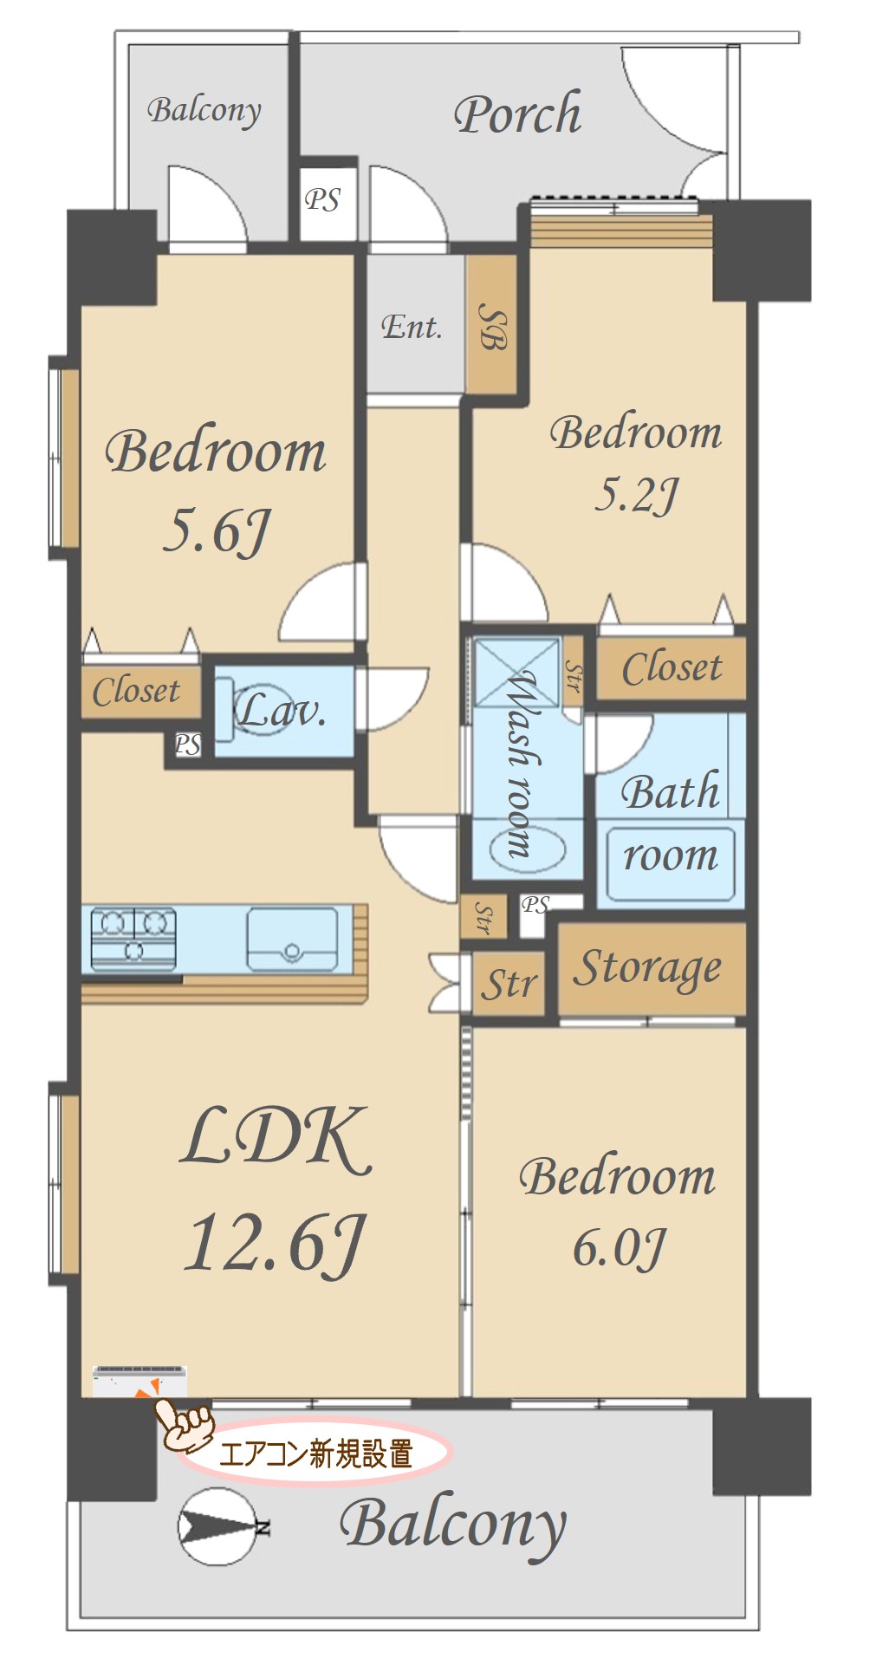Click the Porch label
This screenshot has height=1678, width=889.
click(x=517, y=114)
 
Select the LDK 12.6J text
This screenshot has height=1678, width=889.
click(x=276, y=1191)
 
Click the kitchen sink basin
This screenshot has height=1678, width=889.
click(x=292, y=939)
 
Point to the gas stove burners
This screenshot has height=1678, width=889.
click(x=133, y=938)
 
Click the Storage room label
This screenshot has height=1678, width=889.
click(x=647, y=969)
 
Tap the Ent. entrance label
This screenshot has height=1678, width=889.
click(x=412, y=327)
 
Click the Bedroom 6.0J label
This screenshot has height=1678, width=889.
click(x=618, y=1211)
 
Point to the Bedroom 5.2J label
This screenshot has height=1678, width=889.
click(x=635, y=463)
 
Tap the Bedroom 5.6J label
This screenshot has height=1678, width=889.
click(x=216, y=489)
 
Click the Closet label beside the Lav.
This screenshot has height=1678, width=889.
click(x=136, y=691)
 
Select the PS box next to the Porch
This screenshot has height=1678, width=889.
click(x=322, y=200)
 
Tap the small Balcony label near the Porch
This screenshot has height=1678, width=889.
click(x=204, y=111)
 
